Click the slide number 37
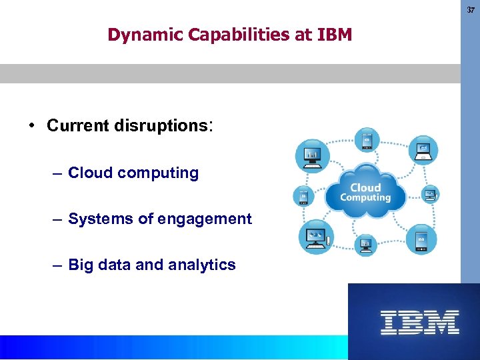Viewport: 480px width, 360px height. point(471,10)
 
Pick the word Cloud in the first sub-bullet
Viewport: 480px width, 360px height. point(90,173)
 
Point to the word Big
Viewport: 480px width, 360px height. point(81,265)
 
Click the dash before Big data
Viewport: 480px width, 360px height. point(58,265)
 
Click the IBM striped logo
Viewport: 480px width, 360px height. point(419,322)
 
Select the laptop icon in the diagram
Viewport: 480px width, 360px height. point(423,151)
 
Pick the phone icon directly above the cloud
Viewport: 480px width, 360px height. point(367,140)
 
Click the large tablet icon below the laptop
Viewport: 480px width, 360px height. point(421,239)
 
